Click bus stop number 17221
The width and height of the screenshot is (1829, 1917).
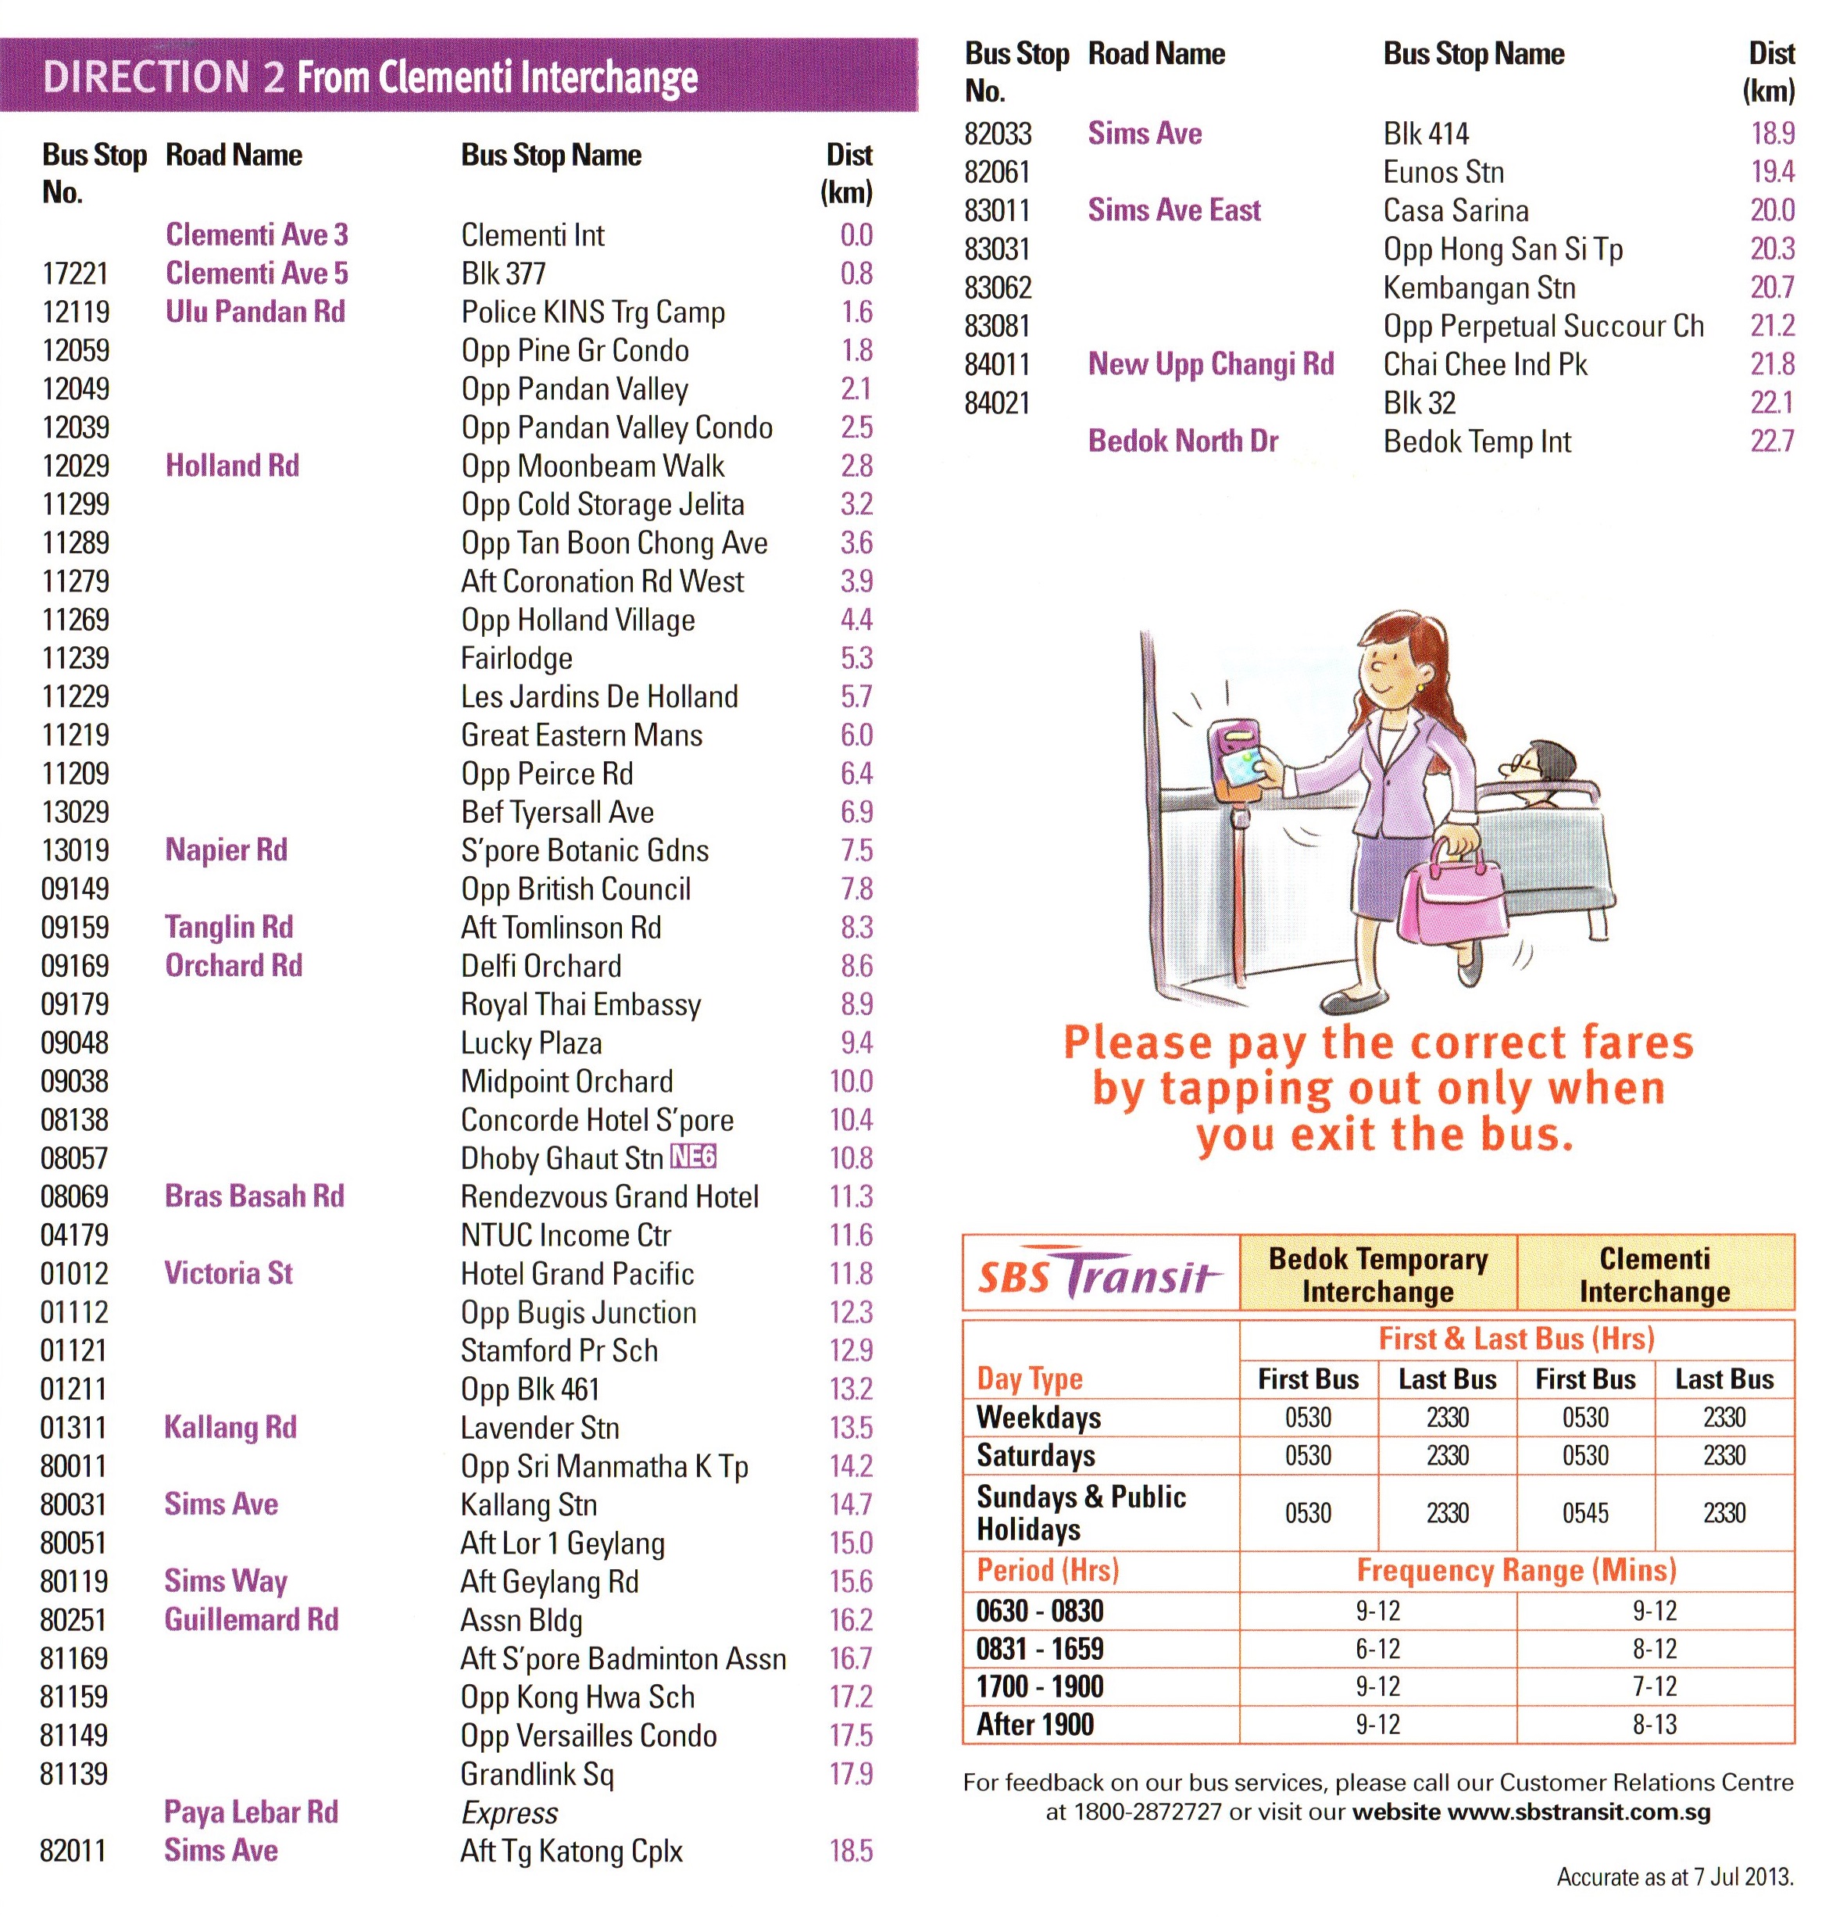point(75,274)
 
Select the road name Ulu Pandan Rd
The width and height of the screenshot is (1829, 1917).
point(255,312)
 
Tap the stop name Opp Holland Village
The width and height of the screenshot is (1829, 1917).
point(577,621)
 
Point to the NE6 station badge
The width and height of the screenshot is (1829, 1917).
point(693,1157)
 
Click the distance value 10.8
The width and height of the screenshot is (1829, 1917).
point(850,1158)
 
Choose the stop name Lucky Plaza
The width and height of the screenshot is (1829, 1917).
point(531,1043)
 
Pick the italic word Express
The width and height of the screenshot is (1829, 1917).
point(509,1812)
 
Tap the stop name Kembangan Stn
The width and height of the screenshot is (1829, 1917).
point(1478,288)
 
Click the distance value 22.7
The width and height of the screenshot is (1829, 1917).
point(1771,442)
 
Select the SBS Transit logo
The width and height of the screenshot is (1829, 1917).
point(1098,1274)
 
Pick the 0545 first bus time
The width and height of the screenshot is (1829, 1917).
point(1585,1512)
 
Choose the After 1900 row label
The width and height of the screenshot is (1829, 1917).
point(1034,1724)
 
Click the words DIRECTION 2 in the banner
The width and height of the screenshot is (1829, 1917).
point(164,77)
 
